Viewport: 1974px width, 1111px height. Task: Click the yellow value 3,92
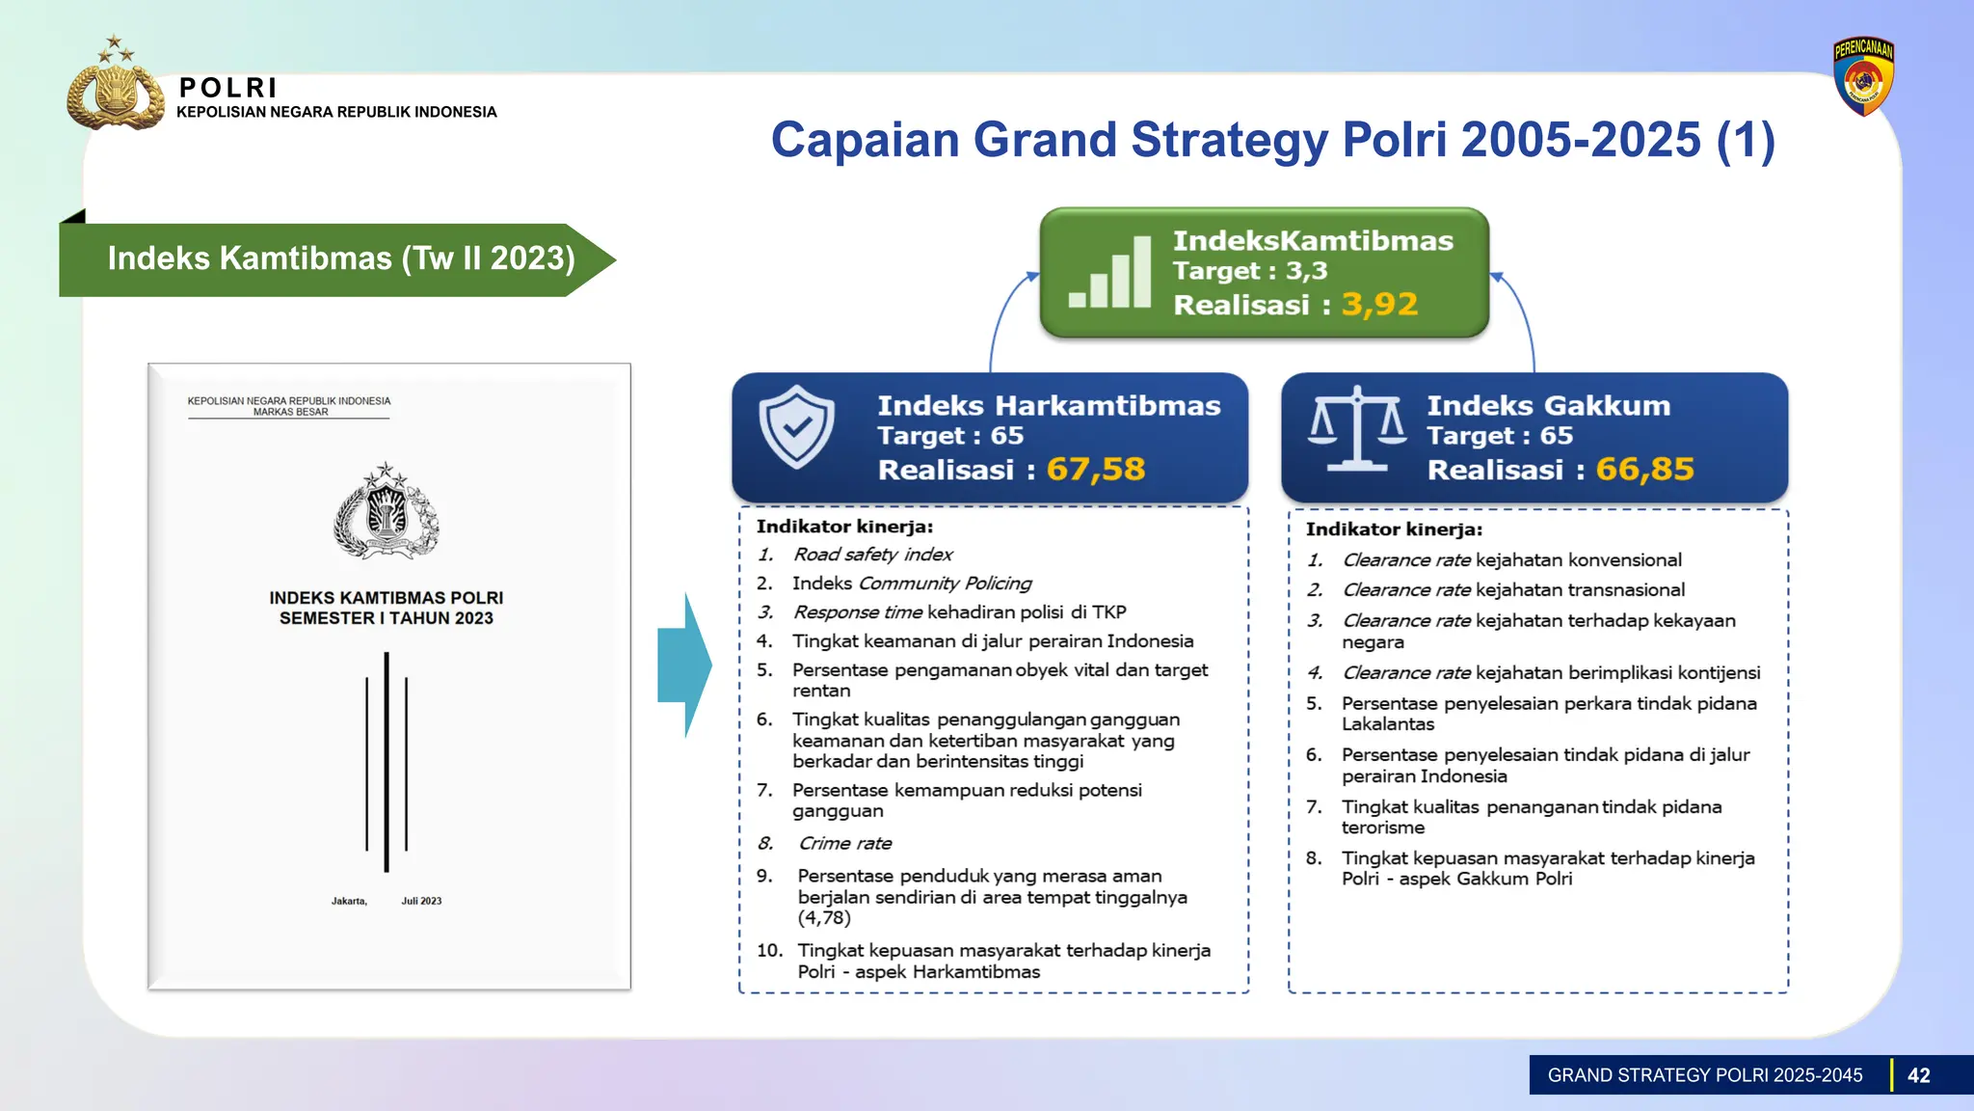click(x=1379, y=305)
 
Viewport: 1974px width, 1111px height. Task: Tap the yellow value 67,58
click(x=1096, y=470)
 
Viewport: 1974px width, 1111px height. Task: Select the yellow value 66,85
click(x=1644, y=470)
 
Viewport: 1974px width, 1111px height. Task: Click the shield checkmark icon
click(x=796, y=427)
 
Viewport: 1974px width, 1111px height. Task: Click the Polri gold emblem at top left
click(x=115, y=88)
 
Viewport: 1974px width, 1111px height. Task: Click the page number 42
click(x=1918, y=1075)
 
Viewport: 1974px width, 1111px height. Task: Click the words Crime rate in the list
click(x=844, y=844)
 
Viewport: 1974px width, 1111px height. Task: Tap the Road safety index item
click(x=872, y=555)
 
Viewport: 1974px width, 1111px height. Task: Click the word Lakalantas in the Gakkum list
click(x=1387, y=724)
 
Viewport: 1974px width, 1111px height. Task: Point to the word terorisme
click(x=1382, y=827)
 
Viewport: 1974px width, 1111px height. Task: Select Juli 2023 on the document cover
click(x=421, y=901)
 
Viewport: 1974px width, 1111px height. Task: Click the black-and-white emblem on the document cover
click(x=387, y=511)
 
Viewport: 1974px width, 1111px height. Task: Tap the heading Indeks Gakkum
click(x=1548, y=406)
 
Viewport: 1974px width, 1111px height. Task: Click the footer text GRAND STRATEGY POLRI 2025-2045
click(x=1704, y=1075)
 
